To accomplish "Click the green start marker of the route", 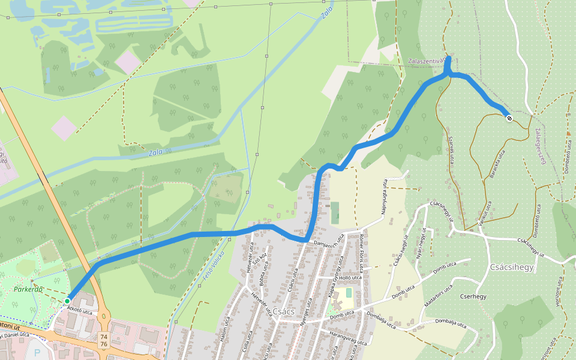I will [67, 301].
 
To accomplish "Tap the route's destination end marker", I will [509, 118].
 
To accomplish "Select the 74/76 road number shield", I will [104, 341].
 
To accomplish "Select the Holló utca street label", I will [350, 277].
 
